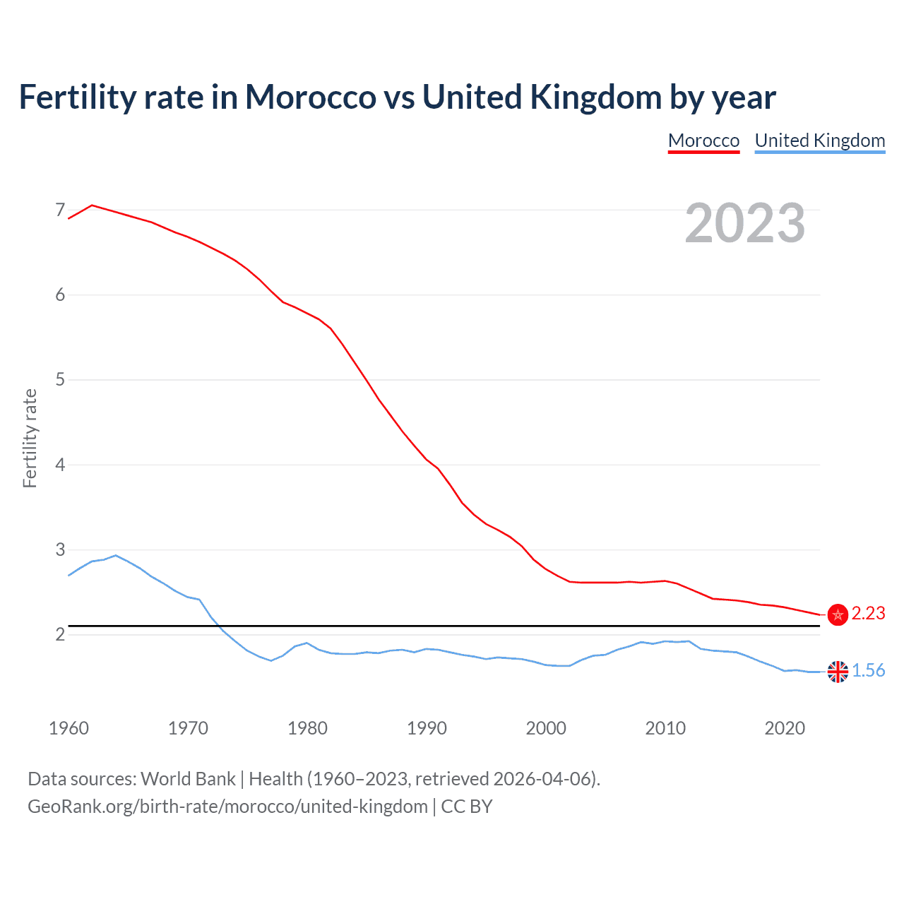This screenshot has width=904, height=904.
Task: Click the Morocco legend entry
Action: pyautogui.click(x=703, y=141)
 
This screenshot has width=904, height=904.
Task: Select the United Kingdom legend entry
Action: pyautogui.click(x=819, y=141)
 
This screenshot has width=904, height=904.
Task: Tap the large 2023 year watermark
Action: pyautogui.click(x=744, y=223)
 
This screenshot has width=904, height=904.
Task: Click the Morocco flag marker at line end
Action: pyautogui.click(x=838, y=614)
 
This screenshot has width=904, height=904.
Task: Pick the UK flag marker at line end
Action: pyautogui.click(x=838, y=672)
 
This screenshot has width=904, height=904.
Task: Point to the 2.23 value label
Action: pyautogui.click(x=868, y=614)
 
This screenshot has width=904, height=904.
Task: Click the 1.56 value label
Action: pyautogui.click(x=868, y=671)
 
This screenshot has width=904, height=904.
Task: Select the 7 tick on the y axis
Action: pyautogui.click(x=60, y=210)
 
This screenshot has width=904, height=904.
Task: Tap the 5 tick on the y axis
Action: pyautogui.click(x=60, y=380)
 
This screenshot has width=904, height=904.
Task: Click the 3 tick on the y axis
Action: pyautogui.click(x=60, y=549)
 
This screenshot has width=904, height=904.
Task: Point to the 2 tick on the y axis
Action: pyautogui.click(x=60, y=634)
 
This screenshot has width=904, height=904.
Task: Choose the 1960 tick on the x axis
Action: pyautogui.click(x=69, y=728)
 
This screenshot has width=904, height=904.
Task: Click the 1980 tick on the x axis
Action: pyautogui.click(x=307, y=728)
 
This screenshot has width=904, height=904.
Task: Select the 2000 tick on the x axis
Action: pyautogui.click(x=546, y=728)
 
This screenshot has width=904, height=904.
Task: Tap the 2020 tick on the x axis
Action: pyautogui.click(x=785, y=728)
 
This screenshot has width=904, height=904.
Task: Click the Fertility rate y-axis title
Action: pyautogui.click(x=30, y=438)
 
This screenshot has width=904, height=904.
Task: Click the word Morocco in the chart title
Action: pyautogui.click(x=310, y=97)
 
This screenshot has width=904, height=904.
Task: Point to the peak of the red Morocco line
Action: pyautogui.click(x=93, y=205)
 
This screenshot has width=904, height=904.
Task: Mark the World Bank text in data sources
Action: pyautogui.click(x=188, y=779)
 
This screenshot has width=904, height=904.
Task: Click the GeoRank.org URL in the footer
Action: pyautogui.click(x=227, y=807)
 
